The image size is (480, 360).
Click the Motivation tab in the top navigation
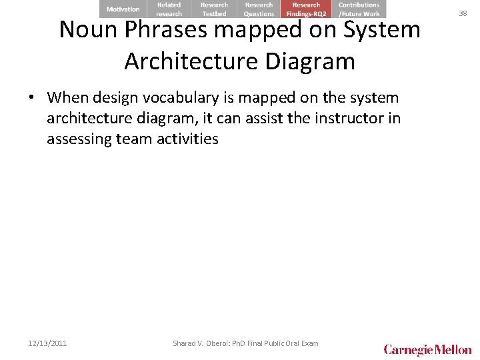(123, 9)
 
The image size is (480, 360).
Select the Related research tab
(169, 9)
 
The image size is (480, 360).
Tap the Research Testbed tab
(214, 9)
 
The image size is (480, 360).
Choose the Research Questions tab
(259, 9)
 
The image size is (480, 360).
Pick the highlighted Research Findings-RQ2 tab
(306, 9)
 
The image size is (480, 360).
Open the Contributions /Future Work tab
(359, 9)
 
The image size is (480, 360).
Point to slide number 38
(463, 13)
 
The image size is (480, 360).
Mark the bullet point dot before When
(32, 98)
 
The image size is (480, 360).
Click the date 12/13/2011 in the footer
(47, 343)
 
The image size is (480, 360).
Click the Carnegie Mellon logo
(427, 349)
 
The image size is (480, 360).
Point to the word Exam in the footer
(309, 343)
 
